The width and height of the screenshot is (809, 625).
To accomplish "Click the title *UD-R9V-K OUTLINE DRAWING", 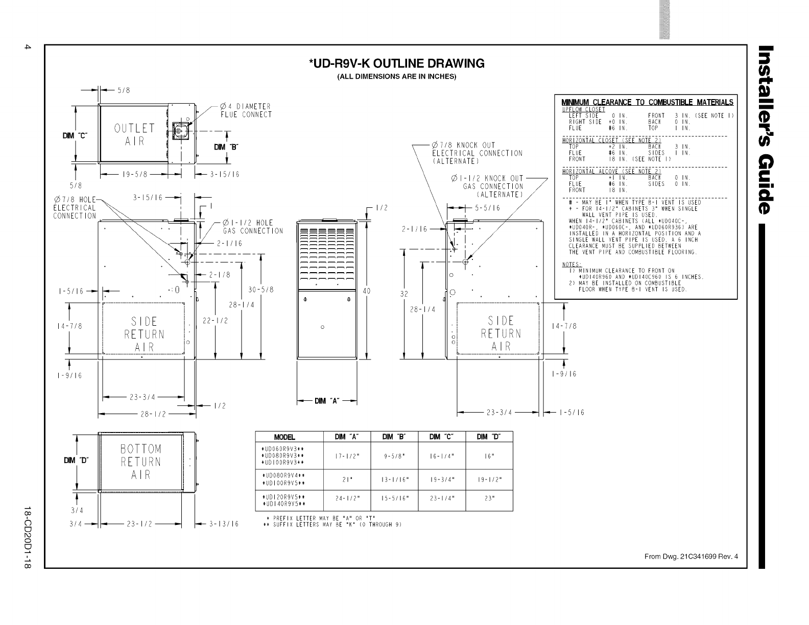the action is click(396, 64).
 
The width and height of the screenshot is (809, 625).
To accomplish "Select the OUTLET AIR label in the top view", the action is click(134, 134).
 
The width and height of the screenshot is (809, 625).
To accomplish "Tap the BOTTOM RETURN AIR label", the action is click(140, 462).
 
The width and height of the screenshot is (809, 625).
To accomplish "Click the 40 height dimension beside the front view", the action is click(366, 291).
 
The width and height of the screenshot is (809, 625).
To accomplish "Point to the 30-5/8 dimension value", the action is click(261, 290).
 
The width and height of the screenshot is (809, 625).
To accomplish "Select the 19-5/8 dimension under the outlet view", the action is click(135, 174).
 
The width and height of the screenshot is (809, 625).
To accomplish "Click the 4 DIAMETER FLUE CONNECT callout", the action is click(246, 110).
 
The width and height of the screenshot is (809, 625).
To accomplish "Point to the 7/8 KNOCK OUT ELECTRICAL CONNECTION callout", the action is click(477, 153).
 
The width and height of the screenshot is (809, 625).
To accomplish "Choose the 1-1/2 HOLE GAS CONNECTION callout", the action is click(252, 227).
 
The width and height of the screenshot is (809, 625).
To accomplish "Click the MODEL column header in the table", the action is click(284, 437).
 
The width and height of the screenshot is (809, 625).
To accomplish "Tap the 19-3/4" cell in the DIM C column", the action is click(442, 479).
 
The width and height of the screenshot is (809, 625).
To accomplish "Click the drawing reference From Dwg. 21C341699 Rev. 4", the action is click(691, 557).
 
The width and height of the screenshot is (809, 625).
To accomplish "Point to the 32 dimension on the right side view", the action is click(404, 294).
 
